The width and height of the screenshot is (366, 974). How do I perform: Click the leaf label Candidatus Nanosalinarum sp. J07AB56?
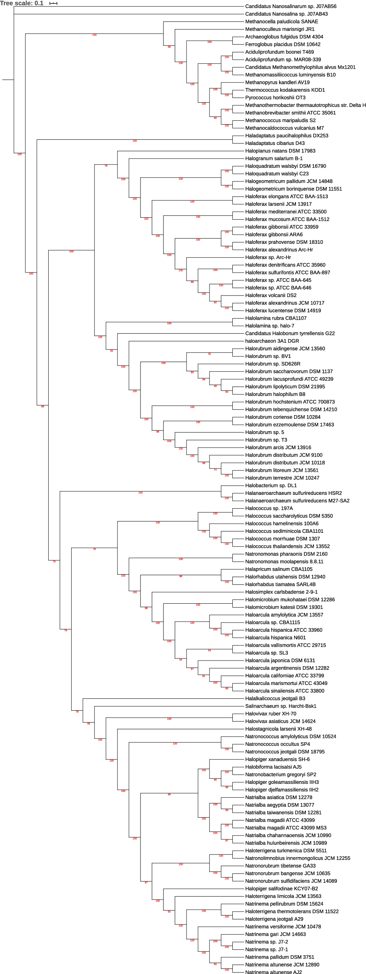click(x=291, y=6)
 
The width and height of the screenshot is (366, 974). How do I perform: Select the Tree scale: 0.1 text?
click(x=22, y=3)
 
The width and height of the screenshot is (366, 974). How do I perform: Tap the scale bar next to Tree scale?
click(x=53, y=3)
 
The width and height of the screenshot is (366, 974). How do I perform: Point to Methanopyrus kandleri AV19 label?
click(x=277, y=82)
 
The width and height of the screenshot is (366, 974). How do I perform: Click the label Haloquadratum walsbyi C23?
click(x=277, y=174)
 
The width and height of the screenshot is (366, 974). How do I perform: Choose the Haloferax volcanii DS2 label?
click(x=271, y=296)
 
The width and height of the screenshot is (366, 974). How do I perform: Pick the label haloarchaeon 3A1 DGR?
click(x=272, y=341)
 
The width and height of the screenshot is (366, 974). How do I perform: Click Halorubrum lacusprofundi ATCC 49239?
click(x=289, y=379)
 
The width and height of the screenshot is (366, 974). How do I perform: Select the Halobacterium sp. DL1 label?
click(x=271, y=486)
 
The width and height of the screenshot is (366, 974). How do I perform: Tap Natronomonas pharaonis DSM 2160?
click(x=286, y=554)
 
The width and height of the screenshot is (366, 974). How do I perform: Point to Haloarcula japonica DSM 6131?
click(x=280, y=660)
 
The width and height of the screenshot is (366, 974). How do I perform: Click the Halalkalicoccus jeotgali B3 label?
click(x=275, y=698)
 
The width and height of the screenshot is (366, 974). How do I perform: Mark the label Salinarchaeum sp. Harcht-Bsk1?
click(x=281, y=706)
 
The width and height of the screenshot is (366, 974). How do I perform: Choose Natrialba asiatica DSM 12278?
click(x=278, y=797)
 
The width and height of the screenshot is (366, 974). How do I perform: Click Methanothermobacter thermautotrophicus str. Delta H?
click(x=305, y=105)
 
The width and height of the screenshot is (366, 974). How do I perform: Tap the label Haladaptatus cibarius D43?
click(x=275, y=143)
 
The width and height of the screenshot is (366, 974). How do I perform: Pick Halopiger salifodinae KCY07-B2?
click(x=281, y=889)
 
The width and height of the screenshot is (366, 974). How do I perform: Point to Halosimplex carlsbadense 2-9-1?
click(x=281, y=592)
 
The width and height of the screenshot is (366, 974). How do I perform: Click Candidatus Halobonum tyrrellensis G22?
click(x=290, y=333)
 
